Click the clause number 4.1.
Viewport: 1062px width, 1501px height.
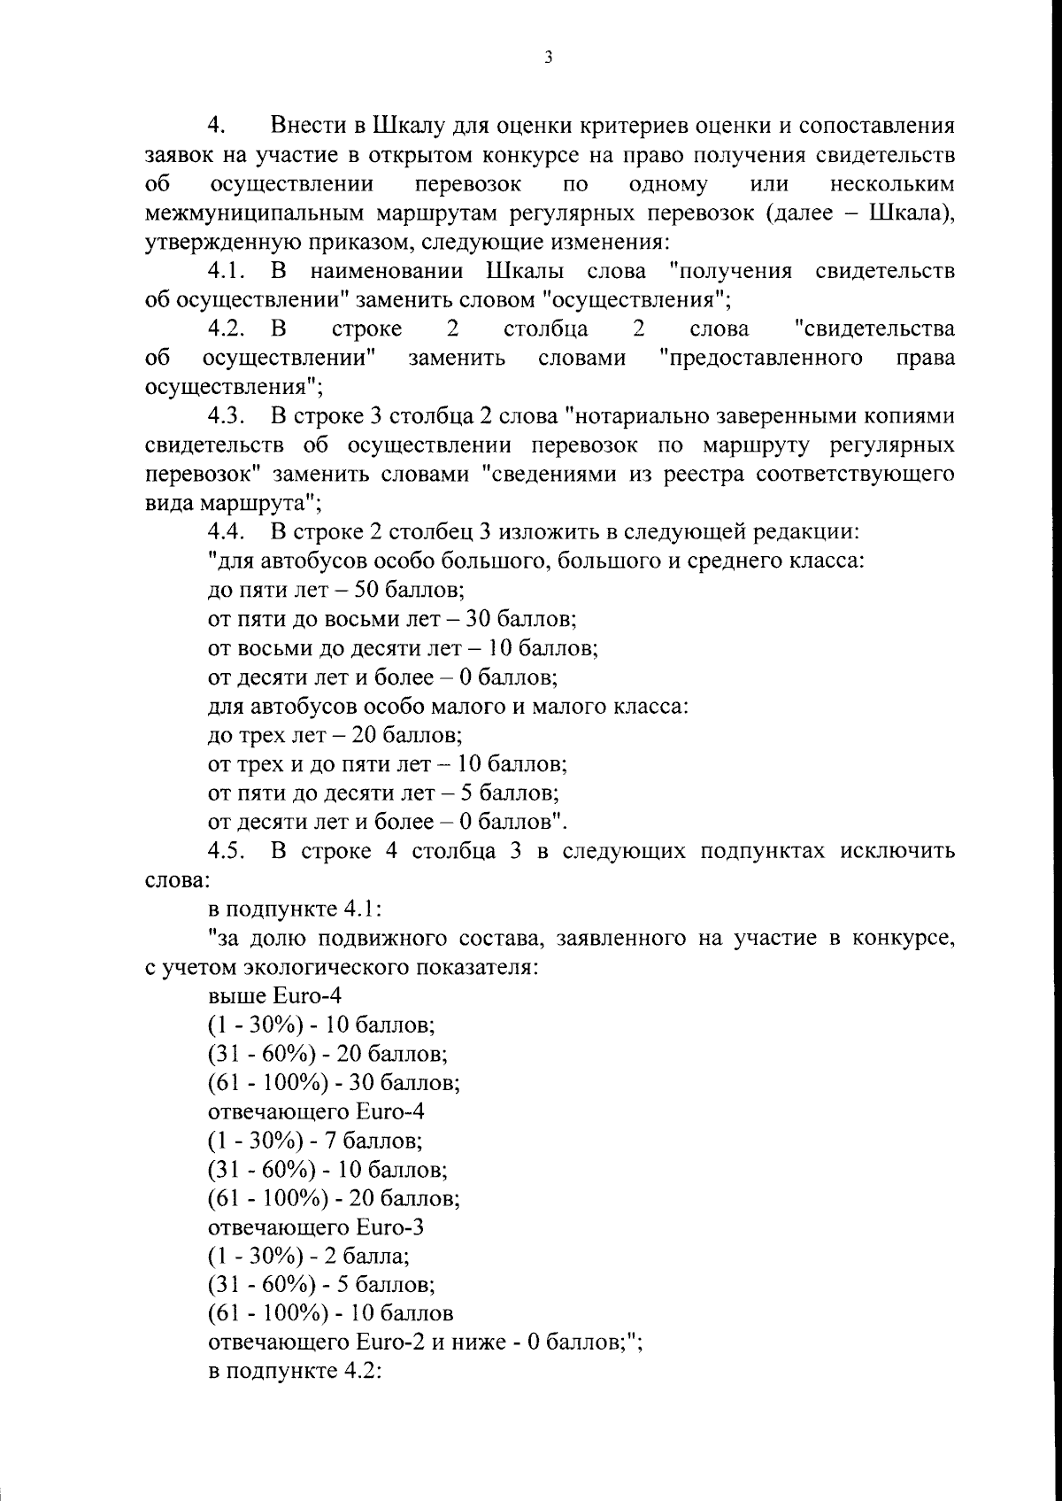point(227,271)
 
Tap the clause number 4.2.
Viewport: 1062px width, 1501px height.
point(227,329)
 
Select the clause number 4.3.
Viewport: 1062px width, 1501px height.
point(227,415)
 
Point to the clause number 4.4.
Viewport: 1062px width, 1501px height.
point(227,532)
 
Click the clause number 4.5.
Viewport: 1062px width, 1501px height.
point(227,852)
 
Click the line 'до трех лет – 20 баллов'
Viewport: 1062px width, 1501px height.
point(335,735)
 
